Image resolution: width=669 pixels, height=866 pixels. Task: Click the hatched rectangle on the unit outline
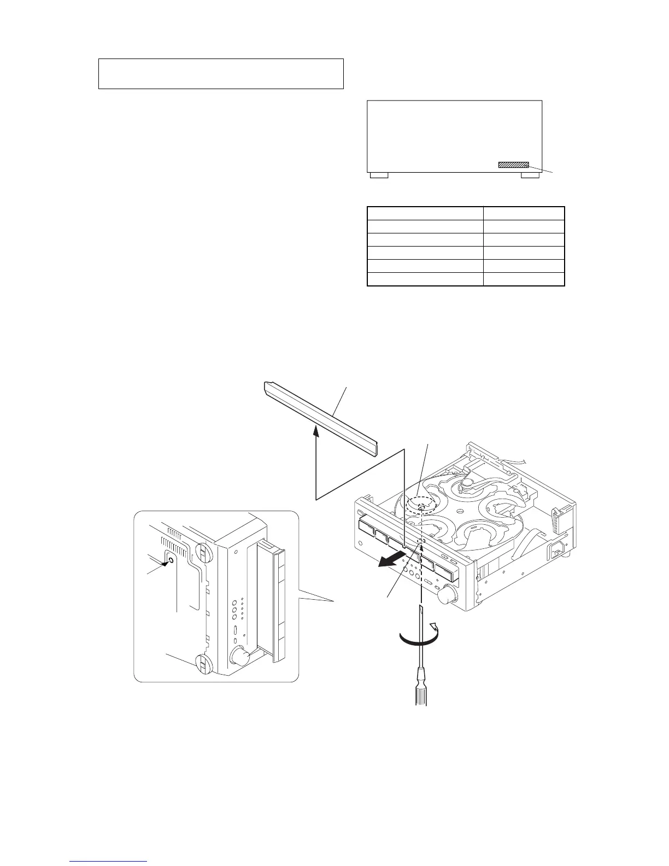513,165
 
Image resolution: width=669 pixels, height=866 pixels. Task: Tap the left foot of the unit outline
379,175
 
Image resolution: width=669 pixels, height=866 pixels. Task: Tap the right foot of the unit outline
530,175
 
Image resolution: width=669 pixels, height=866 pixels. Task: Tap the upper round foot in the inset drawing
204,553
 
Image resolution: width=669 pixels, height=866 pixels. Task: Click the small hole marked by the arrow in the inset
172,560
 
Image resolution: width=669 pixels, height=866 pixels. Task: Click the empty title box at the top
221,73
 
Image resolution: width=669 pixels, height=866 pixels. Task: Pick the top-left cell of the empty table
425,213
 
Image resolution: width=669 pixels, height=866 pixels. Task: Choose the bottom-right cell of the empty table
524,279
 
